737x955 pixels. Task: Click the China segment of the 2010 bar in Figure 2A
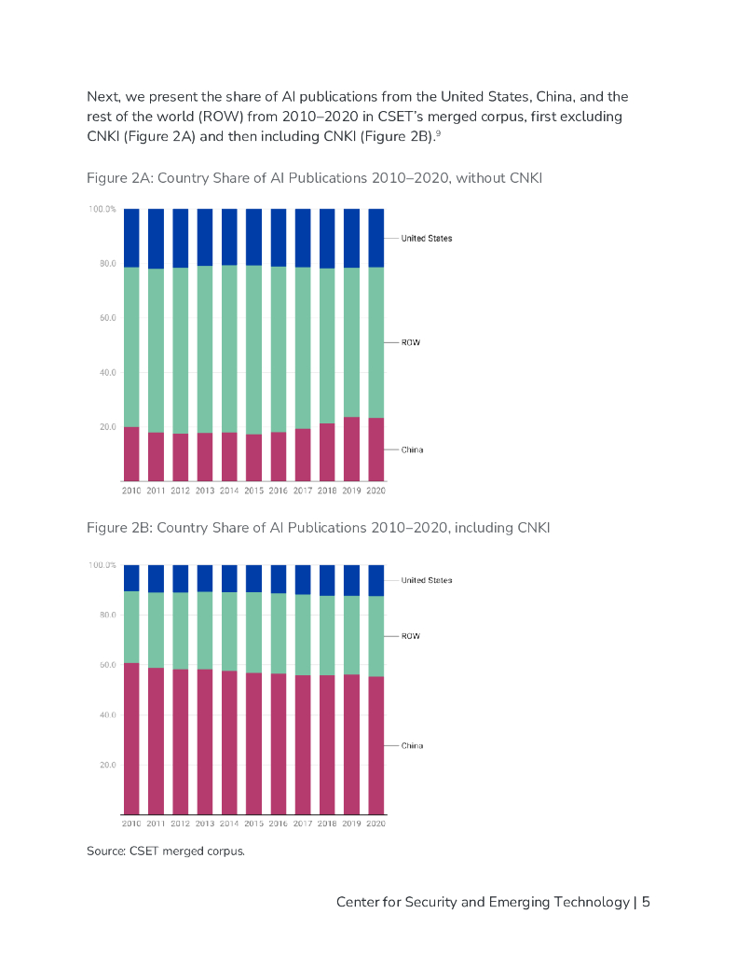tap(131, 453)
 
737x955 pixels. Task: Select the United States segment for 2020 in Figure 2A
tap(376, 238)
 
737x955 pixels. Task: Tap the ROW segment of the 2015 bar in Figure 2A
tap(253, 350)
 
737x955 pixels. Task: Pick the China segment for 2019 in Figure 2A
tap(352, 449)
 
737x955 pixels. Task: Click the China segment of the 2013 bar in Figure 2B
tap(205, 741)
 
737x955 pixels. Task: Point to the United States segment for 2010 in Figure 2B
tap(131, 577)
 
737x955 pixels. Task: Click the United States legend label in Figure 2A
tap(426, 239)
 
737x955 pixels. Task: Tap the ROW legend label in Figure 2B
tap(410, 636)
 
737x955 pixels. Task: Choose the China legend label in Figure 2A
tap(412, 450)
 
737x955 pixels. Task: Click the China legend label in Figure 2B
tap(412, 746)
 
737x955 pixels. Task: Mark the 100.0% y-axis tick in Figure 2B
tap(102, 565)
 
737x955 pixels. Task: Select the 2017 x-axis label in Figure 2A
tap(303, 491)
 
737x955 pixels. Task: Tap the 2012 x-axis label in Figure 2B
tap(180, 824)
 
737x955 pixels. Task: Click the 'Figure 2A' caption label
tap(116, 178)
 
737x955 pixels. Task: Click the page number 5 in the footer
tap(646, 902)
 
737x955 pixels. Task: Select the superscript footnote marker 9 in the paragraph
tap(437, 134)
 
